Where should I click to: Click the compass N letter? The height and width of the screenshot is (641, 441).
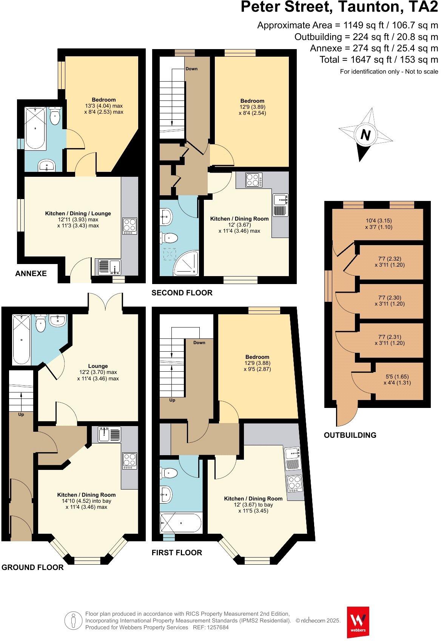pos(365,135)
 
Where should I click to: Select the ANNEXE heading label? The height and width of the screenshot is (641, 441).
pos(31,273)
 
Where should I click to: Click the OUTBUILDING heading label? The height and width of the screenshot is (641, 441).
pos(350,435)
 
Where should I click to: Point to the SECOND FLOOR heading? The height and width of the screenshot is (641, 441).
pos(182,293)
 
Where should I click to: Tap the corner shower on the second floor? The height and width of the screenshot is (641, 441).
pos(186,264)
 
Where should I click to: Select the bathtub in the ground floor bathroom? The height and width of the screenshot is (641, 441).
pos(22,340)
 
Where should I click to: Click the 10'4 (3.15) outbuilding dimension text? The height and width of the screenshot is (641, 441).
pos(378,221)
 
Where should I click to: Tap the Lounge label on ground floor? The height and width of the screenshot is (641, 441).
pos(98,366)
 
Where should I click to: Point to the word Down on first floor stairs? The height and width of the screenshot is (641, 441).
pos(199,343)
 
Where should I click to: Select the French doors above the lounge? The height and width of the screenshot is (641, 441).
pos(105,302)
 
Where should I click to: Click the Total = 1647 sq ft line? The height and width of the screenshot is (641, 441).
pos(379,60)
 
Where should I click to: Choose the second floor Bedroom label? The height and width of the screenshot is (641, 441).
pos(252,101)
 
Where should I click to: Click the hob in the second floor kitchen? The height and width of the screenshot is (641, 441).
pos(252,180)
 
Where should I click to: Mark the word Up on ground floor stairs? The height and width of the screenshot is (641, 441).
pos(21,414)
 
